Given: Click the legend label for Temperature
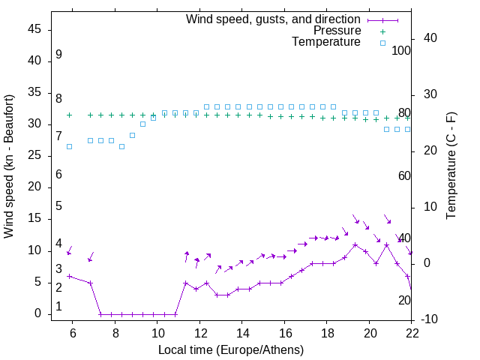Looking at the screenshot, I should (326, 42).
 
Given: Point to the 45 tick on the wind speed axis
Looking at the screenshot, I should (34, 29).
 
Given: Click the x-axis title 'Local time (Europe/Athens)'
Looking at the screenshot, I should (231, 349).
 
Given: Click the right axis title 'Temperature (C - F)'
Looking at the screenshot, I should (451, 166).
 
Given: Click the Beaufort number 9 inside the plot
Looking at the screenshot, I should (58, 55).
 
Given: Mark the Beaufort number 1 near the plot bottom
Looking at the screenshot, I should (58, 307).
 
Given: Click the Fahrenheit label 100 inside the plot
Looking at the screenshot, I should (401, 50).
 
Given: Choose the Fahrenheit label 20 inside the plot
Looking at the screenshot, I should (404, 300).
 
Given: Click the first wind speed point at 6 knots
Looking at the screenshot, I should (69, 276).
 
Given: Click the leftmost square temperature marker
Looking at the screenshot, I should (69, 146).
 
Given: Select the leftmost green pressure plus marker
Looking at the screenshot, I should (69, 115).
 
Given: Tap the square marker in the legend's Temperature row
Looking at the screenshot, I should (382, 43).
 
